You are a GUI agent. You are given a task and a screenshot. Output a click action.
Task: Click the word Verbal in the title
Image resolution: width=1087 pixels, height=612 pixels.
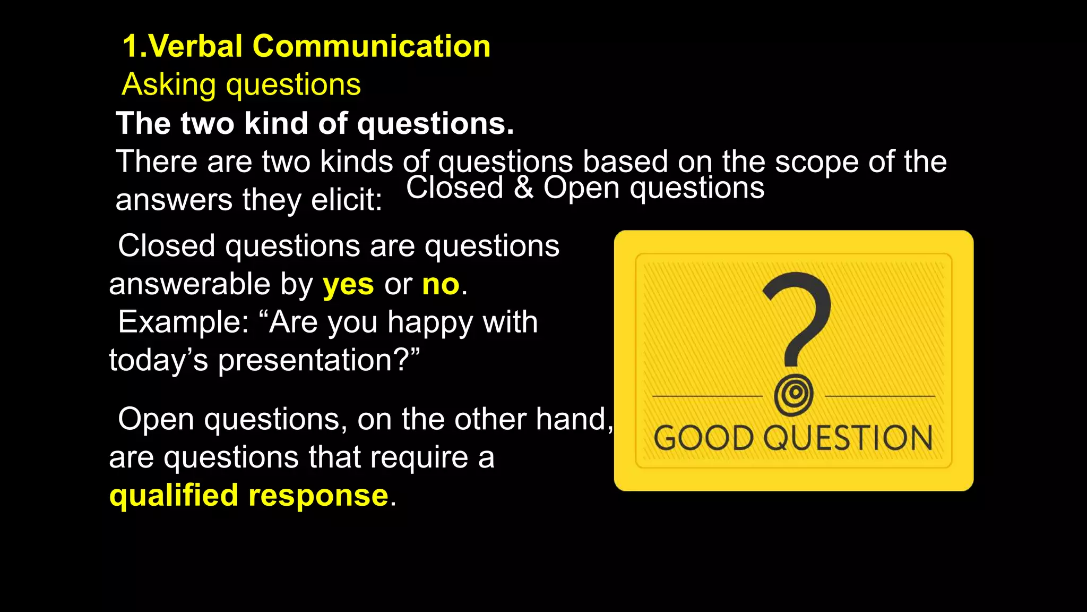coord(195,46)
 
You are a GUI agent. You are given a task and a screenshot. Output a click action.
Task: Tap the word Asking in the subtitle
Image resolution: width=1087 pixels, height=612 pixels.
coord(169,85)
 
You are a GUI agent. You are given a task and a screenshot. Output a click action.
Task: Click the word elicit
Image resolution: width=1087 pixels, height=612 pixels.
coord(346,200)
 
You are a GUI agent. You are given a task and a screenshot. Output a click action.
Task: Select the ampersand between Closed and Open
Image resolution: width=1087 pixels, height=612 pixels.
coord(523,188)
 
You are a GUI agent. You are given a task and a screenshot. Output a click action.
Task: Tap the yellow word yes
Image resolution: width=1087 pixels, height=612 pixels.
coord(348,284)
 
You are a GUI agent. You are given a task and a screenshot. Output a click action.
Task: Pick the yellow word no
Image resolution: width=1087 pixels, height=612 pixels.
coord(441,284)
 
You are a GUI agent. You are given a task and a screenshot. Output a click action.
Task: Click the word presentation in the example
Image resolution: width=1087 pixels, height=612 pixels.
coord(306,361)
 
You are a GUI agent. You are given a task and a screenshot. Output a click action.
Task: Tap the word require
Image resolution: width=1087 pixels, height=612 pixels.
coord(419,458)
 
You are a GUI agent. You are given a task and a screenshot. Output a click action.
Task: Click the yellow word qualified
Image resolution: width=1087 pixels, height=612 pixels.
coord(174,496)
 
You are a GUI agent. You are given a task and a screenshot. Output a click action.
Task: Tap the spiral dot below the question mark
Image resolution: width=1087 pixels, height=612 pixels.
coord(793,395)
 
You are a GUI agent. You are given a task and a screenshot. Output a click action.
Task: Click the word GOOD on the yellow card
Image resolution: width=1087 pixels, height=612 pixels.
coord(704,438)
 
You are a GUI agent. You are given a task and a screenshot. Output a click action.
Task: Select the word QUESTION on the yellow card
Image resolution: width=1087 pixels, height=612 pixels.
coord(848,438)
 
